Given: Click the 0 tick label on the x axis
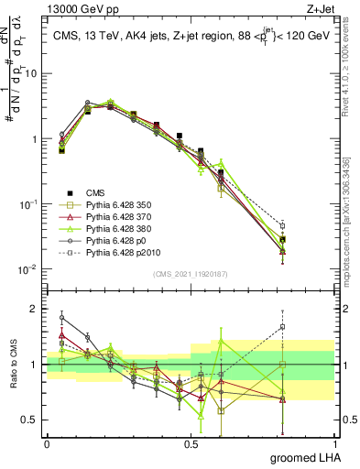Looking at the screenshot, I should (x=47, y=444).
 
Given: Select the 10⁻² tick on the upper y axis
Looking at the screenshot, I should (x=29, y=269).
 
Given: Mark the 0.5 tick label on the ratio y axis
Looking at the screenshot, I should (x=31, y=420).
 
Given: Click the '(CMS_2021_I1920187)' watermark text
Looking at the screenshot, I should (x=191, y=274).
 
